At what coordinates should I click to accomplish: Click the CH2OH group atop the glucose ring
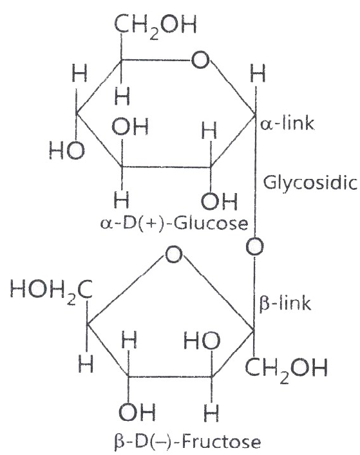point(156,26)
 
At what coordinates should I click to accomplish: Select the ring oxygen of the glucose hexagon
point(200,60)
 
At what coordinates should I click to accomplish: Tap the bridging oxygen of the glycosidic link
point(255,246)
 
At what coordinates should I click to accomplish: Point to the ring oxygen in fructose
point(174,254)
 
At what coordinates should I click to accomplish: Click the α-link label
point(287,123)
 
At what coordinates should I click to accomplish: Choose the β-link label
point(285,304)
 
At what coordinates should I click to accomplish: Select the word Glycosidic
point(310,183)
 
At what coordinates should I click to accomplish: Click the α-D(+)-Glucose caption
point(174,223)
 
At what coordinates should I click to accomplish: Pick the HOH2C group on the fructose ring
point(52,291)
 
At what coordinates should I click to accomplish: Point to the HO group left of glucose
point(67,151)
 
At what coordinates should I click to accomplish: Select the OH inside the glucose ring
point(130,127)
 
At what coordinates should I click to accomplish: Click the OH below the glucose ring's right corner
point(220,201)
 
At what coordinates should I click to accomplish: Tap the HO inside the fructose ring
point(202,340)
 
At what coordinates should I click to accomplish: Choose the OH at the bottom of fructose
point(137,412)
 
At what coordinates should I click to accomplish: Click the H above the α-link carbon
point(258,73)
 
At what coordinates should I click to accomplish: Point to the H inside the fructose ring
point(129,339)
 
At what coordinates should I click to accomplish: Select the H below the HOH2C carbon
point(86,364)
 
